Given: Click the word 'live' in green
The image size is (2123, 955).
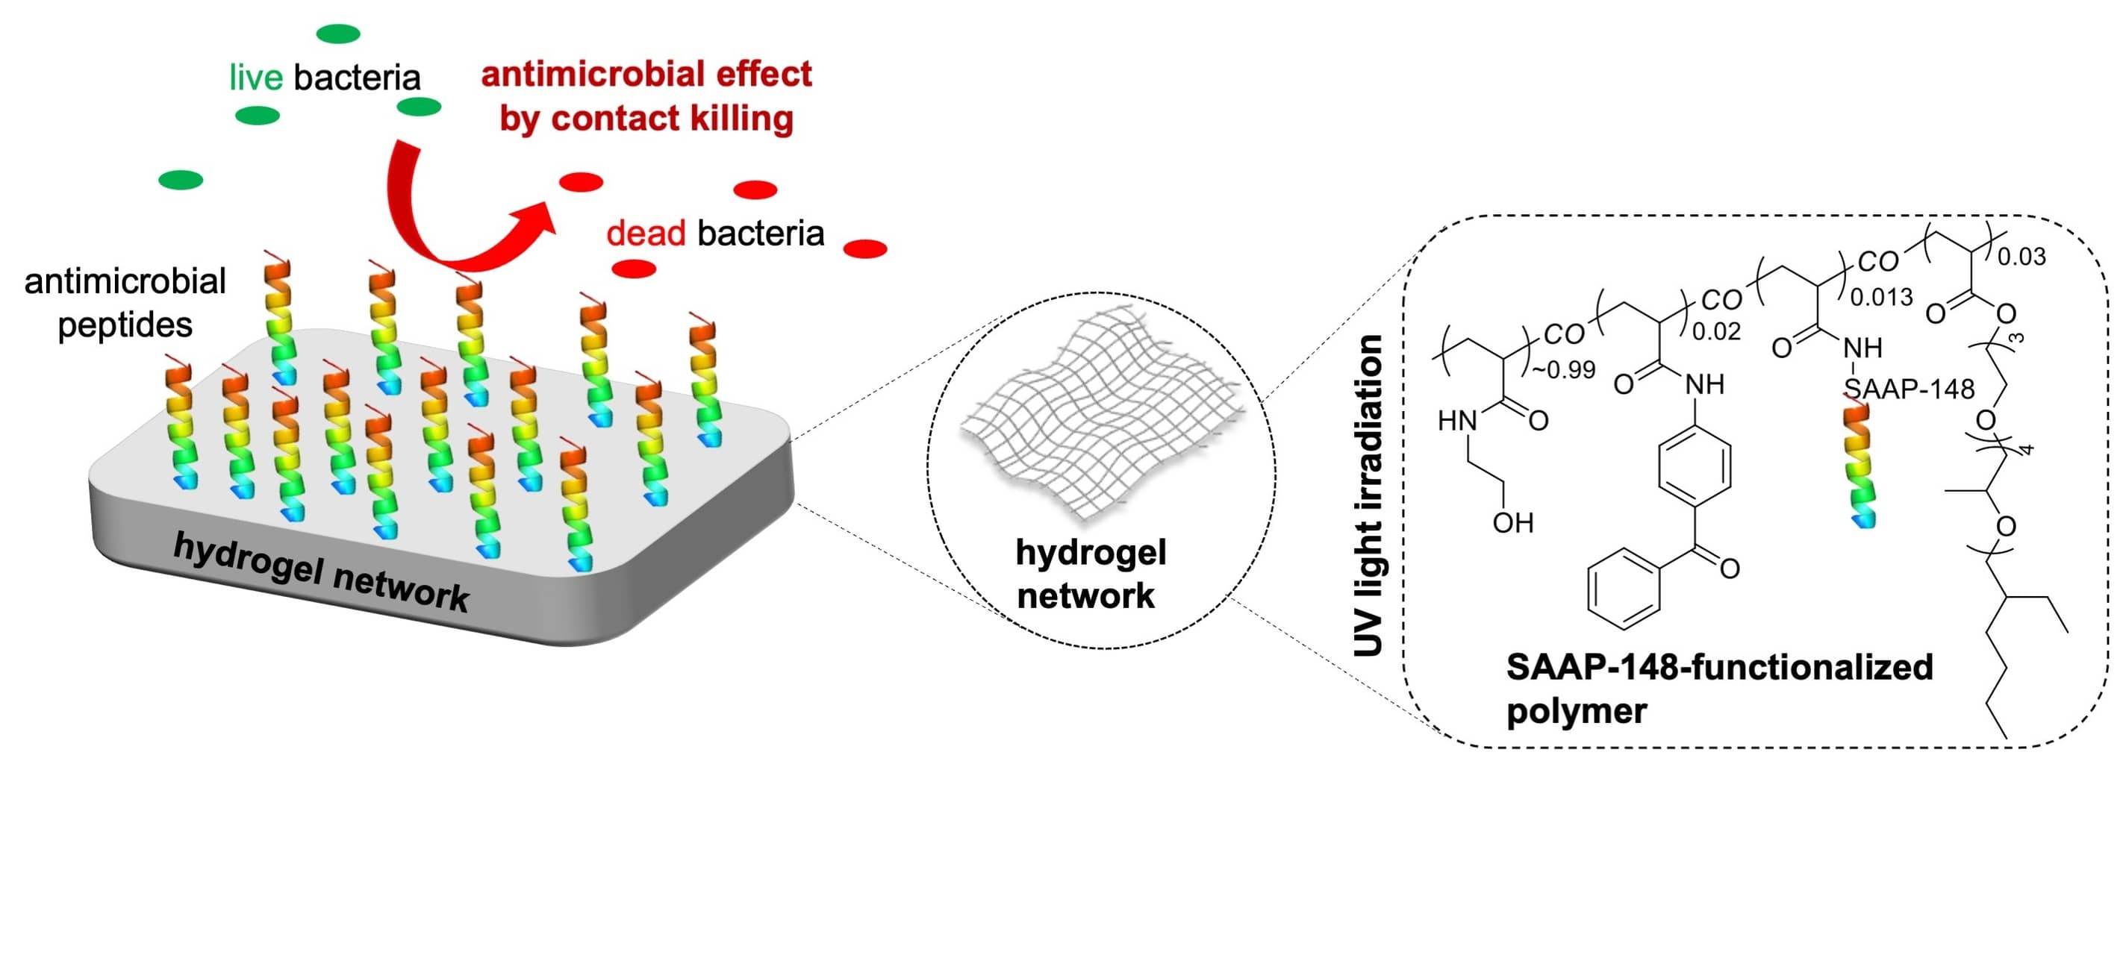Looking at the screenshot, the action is [255, 78].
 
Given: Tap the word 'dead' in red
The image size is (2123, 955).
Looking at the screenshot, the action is [645, 234].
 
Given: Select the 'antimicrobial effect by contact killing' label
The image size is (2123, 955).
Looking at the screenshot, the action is [646, 95].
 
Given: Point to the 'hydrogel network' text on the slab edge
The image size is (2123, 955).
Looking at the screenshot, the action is [322, 573].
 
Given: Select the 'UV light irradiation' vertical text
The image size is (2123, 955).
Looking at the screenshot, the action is [1368, 495].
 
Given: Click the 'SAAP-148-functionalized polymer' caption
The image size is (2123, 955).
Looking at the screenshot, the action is [1719, 689].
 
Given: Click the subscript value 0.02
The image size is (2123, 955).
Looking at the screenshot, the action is [1716, 331].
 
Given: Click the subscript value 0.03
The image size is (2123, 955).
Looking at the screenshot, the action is [2021, 257].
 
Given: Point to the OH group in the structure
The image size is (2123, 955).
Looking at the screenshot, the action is [1512, 523].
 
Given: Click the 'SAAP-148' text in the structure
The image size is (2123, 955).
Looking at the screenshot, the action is [1909, 388].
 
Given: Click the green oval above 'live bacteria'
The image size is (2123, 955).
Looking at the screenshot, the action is [338, 34].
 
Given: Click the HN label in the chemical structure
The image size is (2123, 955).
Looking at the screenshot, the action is [1456, 421].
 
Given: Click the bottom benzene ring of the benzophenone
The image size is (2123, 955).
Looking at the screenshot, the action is [1623, 589].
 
